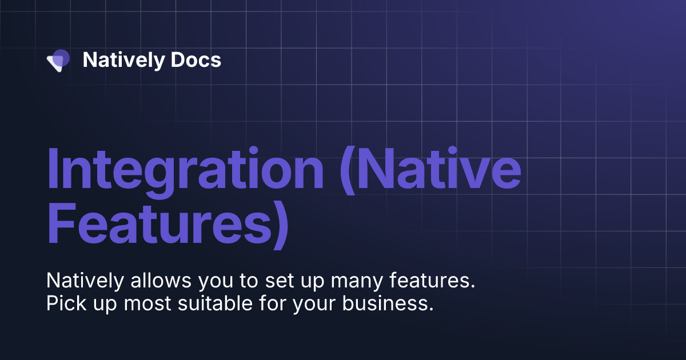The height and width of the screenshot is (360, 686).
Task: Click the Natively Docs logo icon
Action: point(58,60)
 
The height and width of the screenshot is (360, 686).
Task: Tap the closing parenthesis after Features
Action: point(278,226)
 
